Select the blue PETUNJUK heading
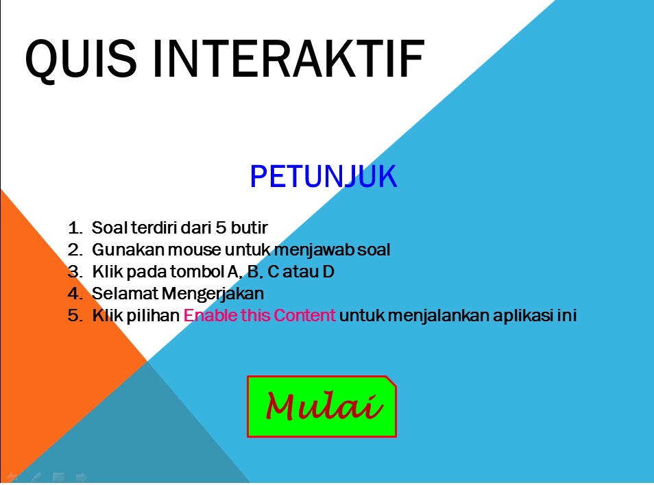[x=324, y=177]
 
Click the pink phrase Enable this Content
[x=260, y=316]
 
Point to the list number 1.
[x=74, y=227]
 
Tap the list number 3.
[x=74, y=272]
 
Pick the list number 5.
[x=74, y=316]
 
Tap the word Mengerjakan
[x=213, y=294]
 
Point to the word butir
[x=251, y=227]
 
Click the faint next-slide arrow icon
[x=81, y=477]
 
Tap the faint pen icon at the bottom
[x=36, y=477]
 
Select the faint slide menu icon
[x=58, y=477]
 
